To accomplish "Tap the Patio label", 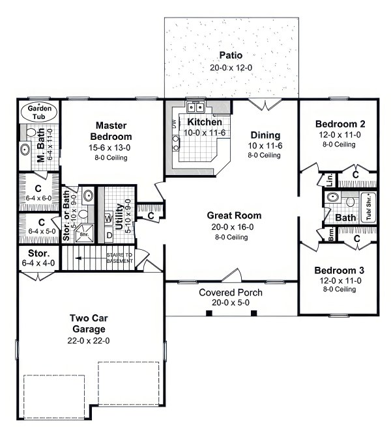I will [x=231, y=55].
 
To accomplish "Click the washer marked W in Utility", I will [x=109, y=219].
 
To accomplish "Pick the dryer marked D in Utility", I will [x=109, y=234].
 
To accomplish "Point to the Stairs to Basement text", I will [x=121, y=258].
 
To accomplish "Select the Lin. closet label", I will [x=330, y=179].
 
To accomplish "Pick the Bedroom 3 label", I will [x=339, y=270].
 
